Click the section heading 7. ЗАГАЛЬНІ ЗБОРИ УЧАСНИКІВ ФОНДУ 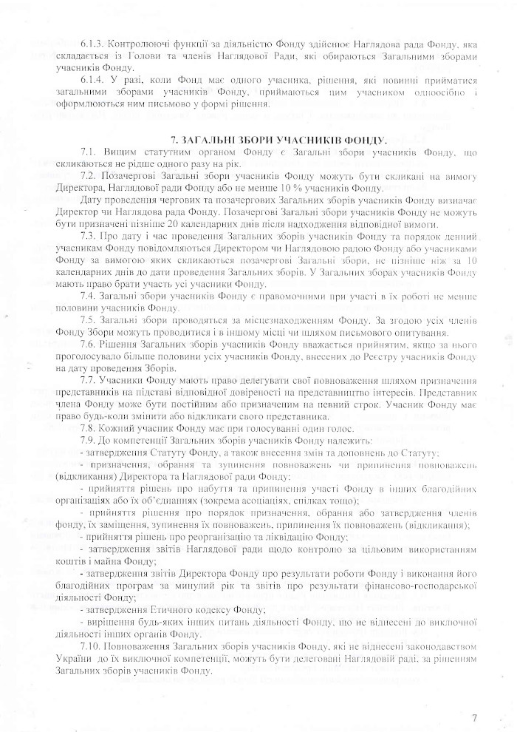289,138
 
